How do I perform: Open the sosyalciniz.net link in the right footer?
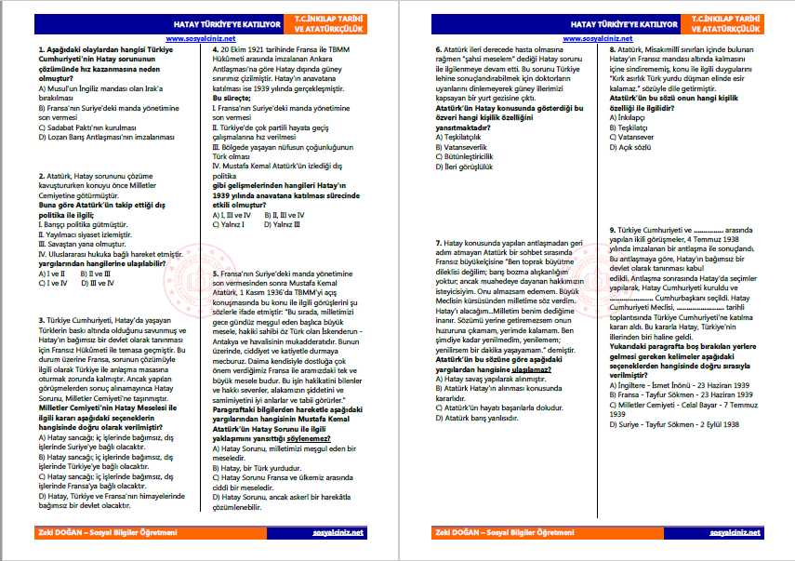[735, 534]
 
